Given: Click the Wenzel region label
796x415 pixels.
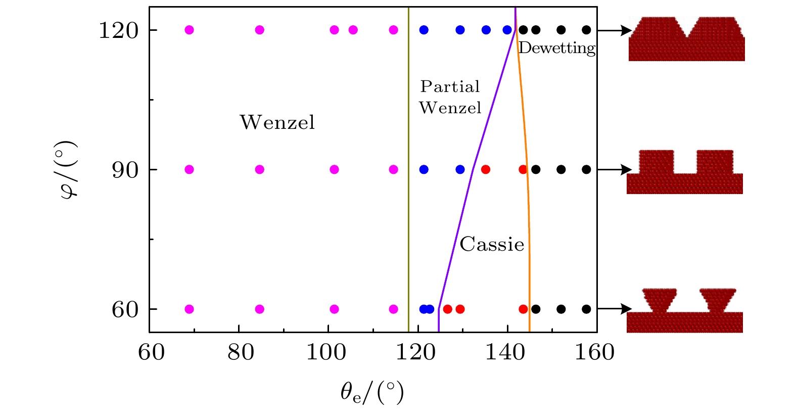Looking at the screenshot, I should click(x=277, y=122).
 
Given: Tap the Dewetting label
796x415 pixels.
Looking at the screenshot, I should click(x=557, y=48).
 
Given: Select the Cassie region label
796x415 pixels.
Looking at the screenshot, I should click(x=492, y=245).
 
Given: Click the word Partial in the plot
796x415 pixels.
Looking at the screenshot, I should click(x=450, y=86).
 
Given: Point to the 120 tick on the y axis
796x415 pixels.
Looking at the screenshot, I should click(x=118, y=30).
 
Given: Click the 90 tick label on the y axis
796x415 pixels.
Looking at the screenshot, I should click(x=125, y=170).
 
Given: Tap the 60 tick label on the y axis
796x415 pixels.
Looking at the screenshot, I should click(x=125, y=310).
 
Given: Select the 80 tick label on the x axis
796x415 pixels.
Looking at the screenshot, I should click(x=241, y=352).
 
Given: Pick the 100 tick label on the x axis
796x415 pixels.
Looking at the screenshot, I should click(x=326, y=352).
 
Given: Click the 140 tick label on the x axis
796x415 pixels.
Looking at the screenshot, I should click(x=505, y=352).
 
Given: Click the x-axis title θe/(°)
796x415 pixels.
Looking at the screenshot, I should click(x=372, y=393).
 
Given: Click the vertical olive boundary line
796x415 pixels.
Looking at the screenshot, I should click(x=408, y=202).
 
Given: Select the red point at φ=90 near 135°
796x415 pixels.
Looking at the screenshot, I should click(x=486, y=169).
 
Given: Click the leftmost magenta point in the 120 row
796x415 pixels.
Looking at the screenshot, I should click(x=189, y=30).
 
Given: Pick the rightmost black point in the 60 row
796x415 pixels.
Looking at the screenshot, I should click(x=586, y=309).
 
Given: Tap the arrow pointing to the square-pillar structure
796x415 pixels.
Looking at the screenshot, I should click(x=615, y=169).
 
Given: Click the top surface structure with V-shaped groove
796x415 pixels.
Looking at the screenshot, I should click(x=686, y=39).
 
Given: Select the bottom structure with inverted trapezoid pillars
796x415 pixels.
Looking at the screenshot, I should click(x=685, y=310).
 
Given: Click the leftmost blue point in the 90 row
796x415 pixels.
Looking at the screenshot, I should click(x=424, y=169).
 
